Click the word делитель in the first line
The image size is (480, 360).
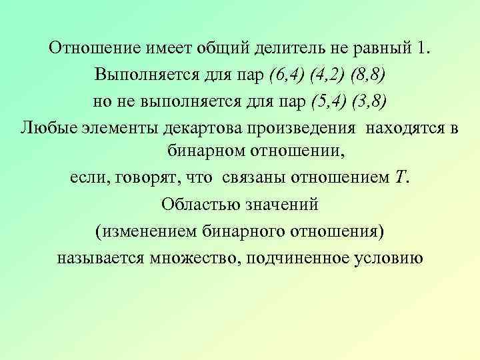285,48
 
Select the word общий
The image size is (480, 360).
223,48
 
